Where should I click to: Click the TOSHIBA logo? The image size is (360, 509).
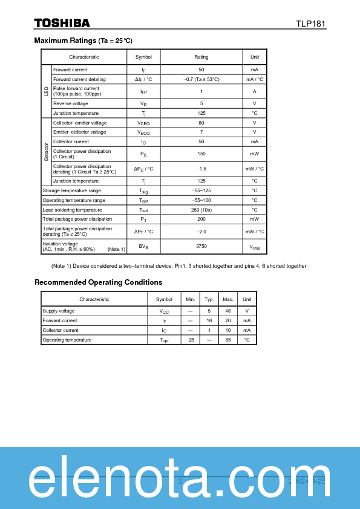point(62,23)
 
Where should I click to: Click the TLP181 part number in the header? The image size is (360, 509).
point(310,24)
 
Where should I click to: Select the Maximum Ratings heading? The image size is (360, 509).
point(83,41)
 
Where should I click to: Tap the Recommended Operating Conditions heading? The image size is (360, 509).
point(98,282)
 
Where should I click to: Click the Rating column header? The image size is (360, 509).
point(201,57)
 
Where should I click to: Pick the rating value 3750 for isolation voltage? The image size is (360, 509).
point(201,247)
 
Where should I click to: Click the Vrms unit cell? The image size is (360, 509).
point(255,247)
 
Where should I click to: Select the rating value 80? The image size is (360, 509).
point(201,123)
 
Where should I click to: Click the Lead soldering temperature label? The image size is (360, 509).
point(72,210)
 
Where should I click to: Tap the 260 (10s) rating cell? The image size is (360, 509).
point(201,210)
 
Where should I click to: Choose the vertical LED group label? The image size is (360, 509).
point(46,91)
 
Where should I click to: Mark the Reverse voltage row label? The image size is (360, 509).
point(70,103)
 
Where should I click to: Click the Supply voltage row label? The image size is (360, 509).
point(59,311)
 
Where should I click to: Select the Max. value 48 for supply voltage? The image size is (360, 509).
point(227,311)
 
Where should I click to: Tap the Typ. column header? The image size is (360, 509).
point(209,299)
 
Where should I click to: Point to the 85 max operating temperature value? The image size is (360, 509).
point(227,340)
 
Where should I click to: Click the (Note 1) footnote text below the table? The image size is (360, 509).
point(178,266)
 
